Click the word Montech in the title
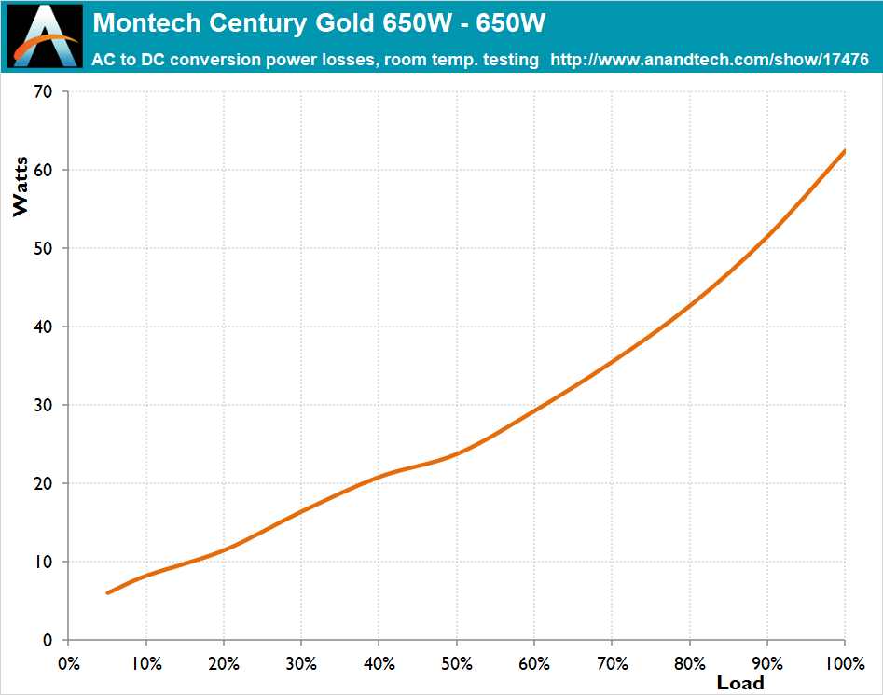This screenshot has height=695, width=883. coord(138,21)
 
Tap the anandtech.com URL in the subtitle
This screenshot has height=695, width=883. coord(710,60)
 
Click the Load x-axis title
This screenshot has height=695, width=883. coord(740,683)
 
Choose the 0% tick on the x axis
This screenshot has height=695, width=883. coord(69,663)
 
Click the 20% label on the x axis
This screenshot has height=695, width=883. coord(224,663)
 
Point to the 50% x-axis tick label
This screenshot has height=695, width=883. coord(457,663)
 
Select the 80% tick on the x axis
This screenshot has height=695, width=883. coord(690,663)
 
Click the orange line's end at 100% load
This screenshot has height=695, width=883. coord(845,150)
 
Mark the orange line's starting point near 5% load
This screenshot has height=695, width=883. coord(108,592)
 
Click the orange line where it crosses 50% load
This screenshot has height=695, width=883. coord(457,453)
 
